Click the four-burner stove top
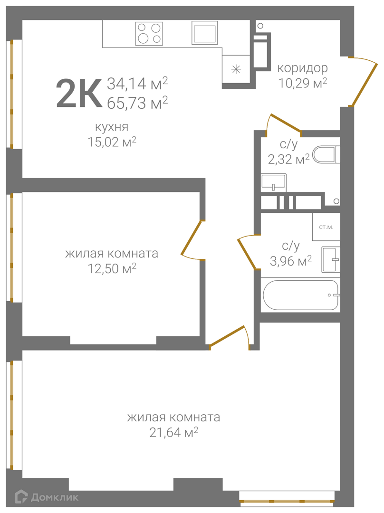pyautogui.click(x=149, y=33)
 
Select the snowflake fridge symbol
pyautogui.click(x=236, y=69)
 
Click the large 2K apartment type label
pyautogui.click(x=79, y=93)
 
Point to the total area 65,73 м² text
pyautogui.click(x=137, y=103)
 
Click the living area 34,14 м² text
pyautogui.click(x=137, y=84)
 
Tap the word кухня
pyautogui.click(x=112, y=127)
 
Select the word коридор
pyautogui.click(x=302, y=68)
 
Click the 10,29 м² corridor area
pyautogui.click(x=303, y=83)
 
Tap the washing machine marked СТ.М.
pyautogui.click(x=326, y=227)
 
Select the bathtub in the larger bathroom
pyautogui.click(x=300, y=295)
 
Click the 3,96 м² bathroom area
pyautogui.click(x=291, y=261)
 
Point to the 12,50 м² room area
pyautogui.click(x=112, y=268)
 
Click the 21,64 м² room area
pyautogui.click(x=174, y=433)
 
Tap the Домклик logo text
pyautogui.click(x=55, y=498)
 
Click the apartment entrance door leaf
pyautogui.click(x=364, y=83)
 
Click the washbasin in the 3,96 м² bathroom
pyautogui.click(x=331, y=260)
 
